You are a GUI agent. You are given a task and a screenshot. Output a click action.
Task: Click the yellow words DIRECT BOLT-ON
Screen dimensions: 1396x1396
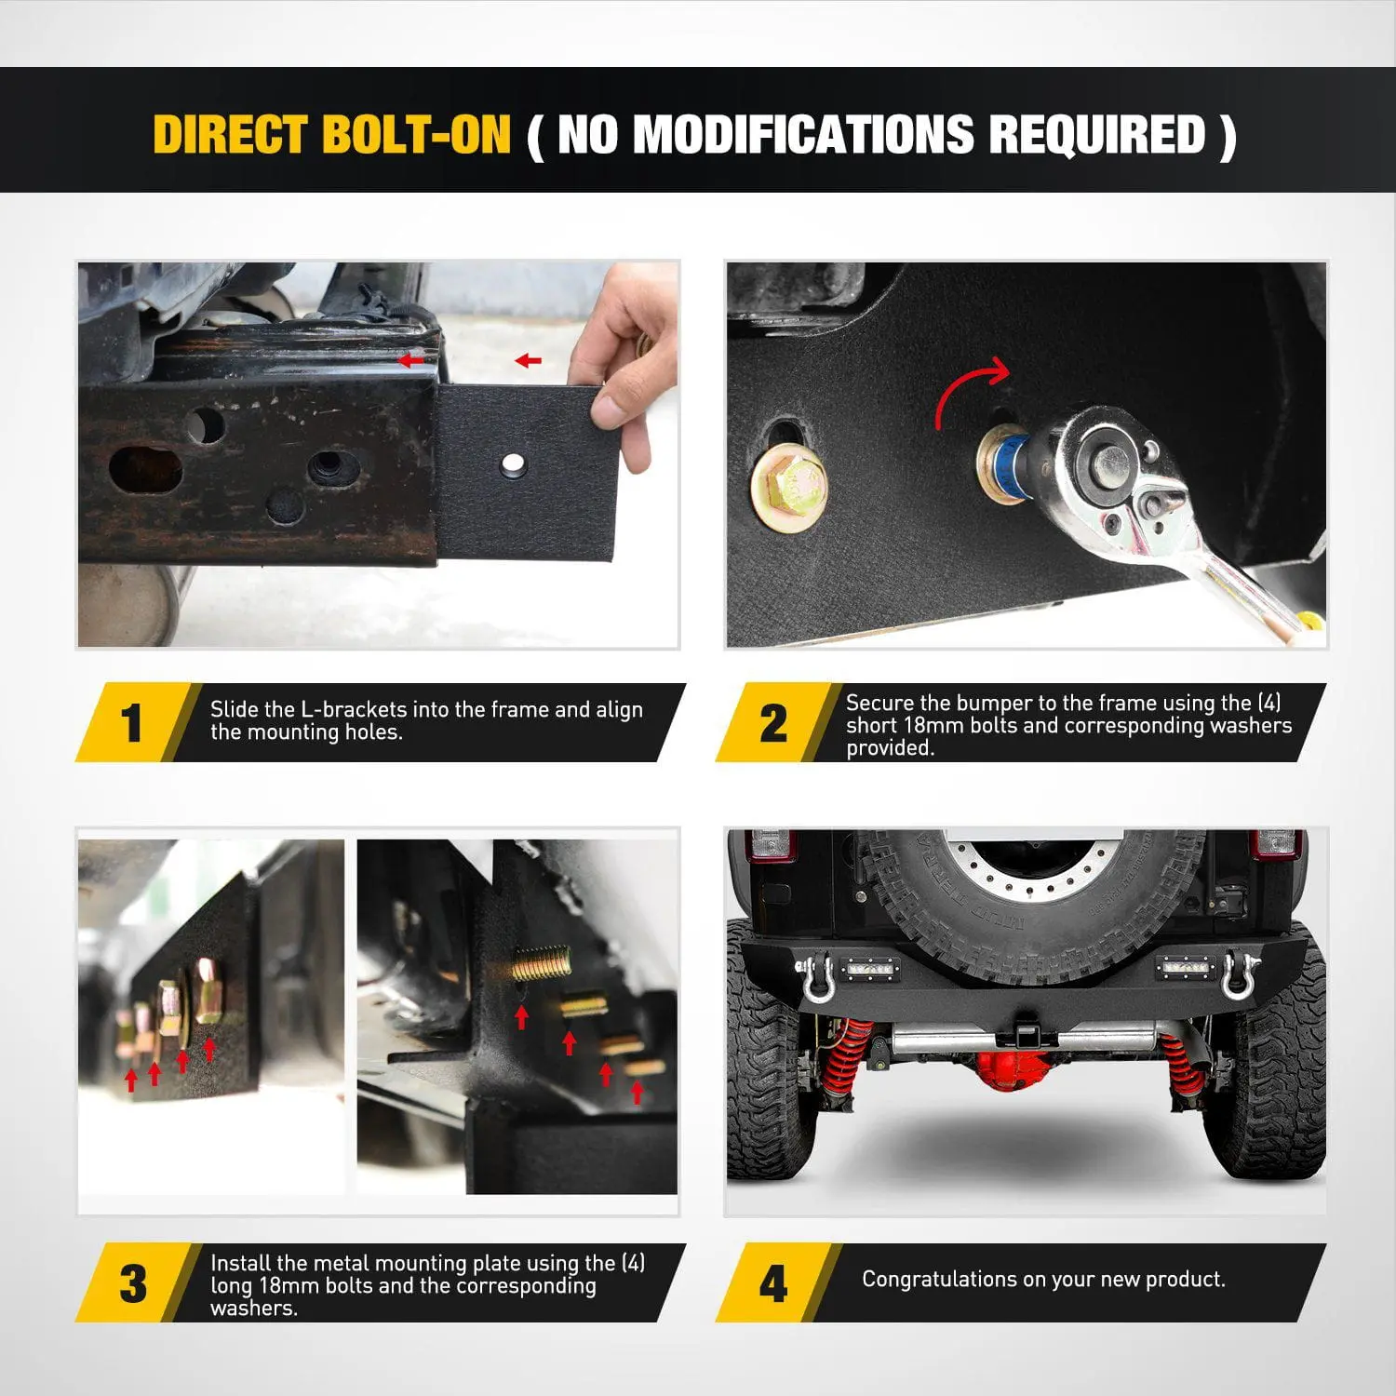[x=332, y=134]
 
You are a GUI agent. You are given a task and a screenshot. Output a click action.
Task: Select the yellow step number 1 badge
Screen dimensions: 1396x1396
[x=133, y=723]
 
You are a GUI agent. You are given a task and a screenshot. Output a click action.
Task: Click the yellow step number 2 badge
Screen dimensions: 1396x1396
[x=773, y=723]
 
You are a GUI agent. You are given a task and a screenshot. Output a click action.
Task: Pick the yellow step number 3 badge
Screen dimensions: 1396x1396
[x=133, y=1283]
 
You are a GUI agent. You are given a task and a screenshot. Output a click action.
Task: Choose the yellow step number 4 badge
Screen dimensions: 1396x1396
[x=773, y=1283]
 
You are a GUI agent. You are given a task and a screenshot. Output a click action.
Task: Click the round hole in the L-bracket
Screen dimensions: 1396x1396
[x=512, y=463]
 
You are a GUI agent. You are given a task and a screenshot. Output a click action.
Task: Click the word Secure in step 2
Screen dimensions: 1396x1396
[x=879, y=703]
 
